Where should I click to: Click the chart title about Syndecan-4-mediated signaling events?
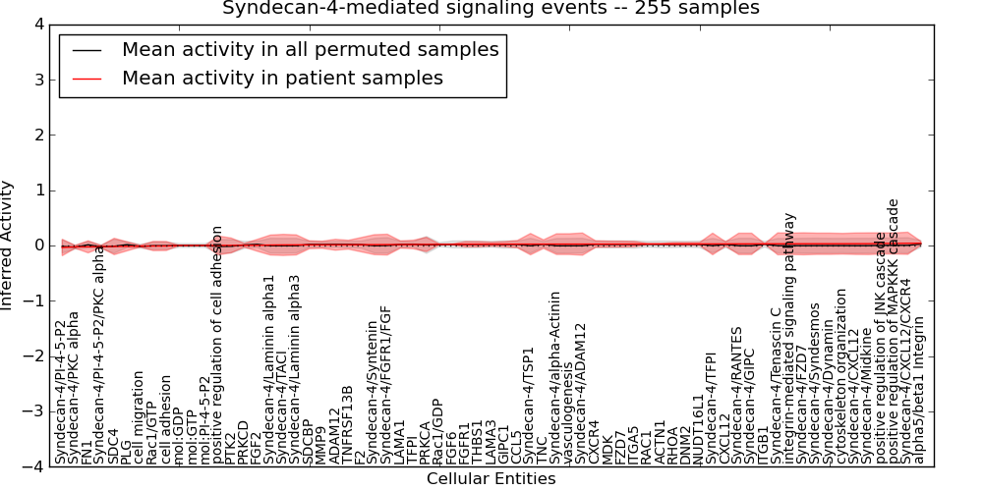point(491,8)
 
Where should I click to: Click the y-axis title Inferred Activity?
point(8,245)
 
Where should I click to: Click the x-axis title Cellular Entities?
point(491,479)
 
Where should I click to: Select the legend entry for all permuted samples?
point(310,49)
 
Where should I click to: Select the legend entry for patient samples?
point(282,78)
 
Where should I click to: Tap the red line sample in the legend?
point(86,79)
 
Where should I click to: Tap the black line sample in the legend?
point(86,50)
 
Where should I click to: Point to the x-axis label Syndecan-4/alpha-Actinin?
point(555,377)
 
